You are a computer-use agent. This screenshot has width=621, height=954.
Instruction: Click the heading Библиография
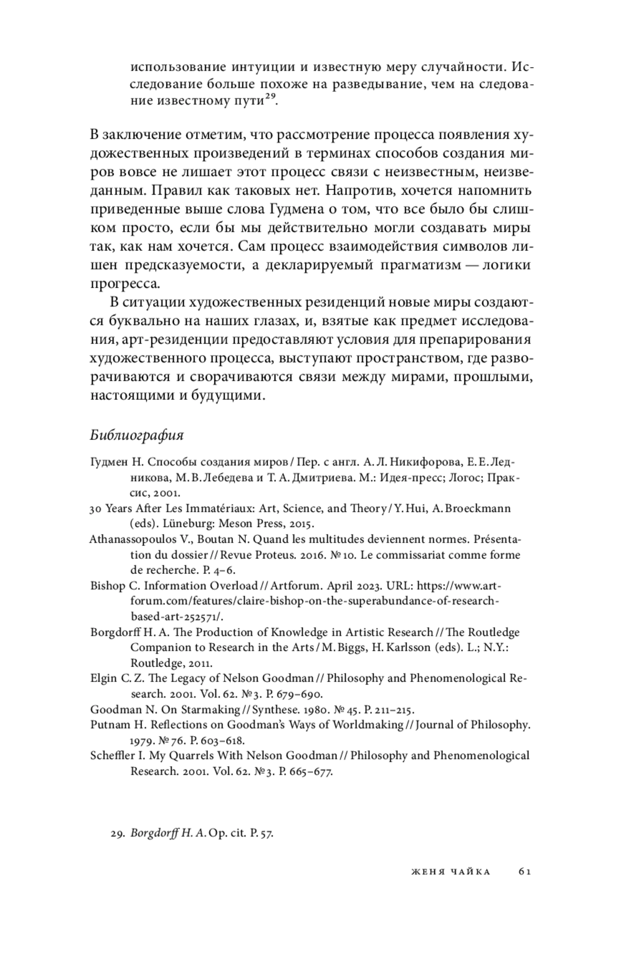click(x=137, y=435)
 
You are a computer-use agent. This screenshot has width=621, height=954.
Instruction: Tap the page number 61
click(x=524, y=872)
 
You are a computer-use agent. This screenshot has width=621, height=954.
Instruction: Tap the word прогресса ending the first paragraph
click(x=125, y=284)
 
